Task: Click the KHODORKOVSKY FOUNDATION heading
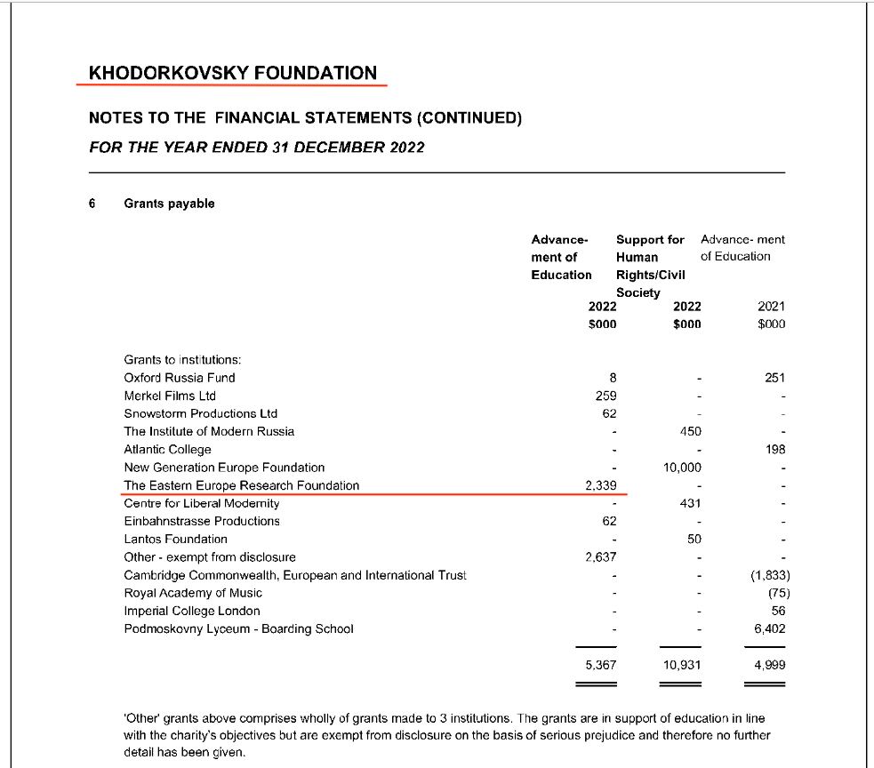pos(233,73)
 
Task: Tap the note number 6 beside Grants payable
pos(92,204)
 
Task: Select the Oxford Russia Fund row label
pos(180,378)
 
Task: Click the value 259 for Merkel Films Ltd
pos(605,396)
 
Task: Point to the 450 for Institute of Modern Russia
pos(689,431)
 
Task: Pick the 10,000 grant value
pos(682,468)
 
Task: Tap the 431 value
pos(689,503)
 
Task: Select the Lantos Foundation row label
pos(175,539)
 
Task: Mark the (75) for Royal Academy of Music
pos(775,593)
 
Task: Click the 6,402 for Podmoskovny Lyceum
pos(769,628)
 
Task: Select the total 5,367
pos(601,665)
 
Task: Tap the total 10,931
pos(682,665)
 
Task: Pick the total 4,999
pos(769,665)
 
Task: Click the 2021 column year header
pos(772,306)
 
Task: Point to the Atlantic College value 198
pos(774,450)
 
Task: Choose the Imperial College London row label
pos(192,611)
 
